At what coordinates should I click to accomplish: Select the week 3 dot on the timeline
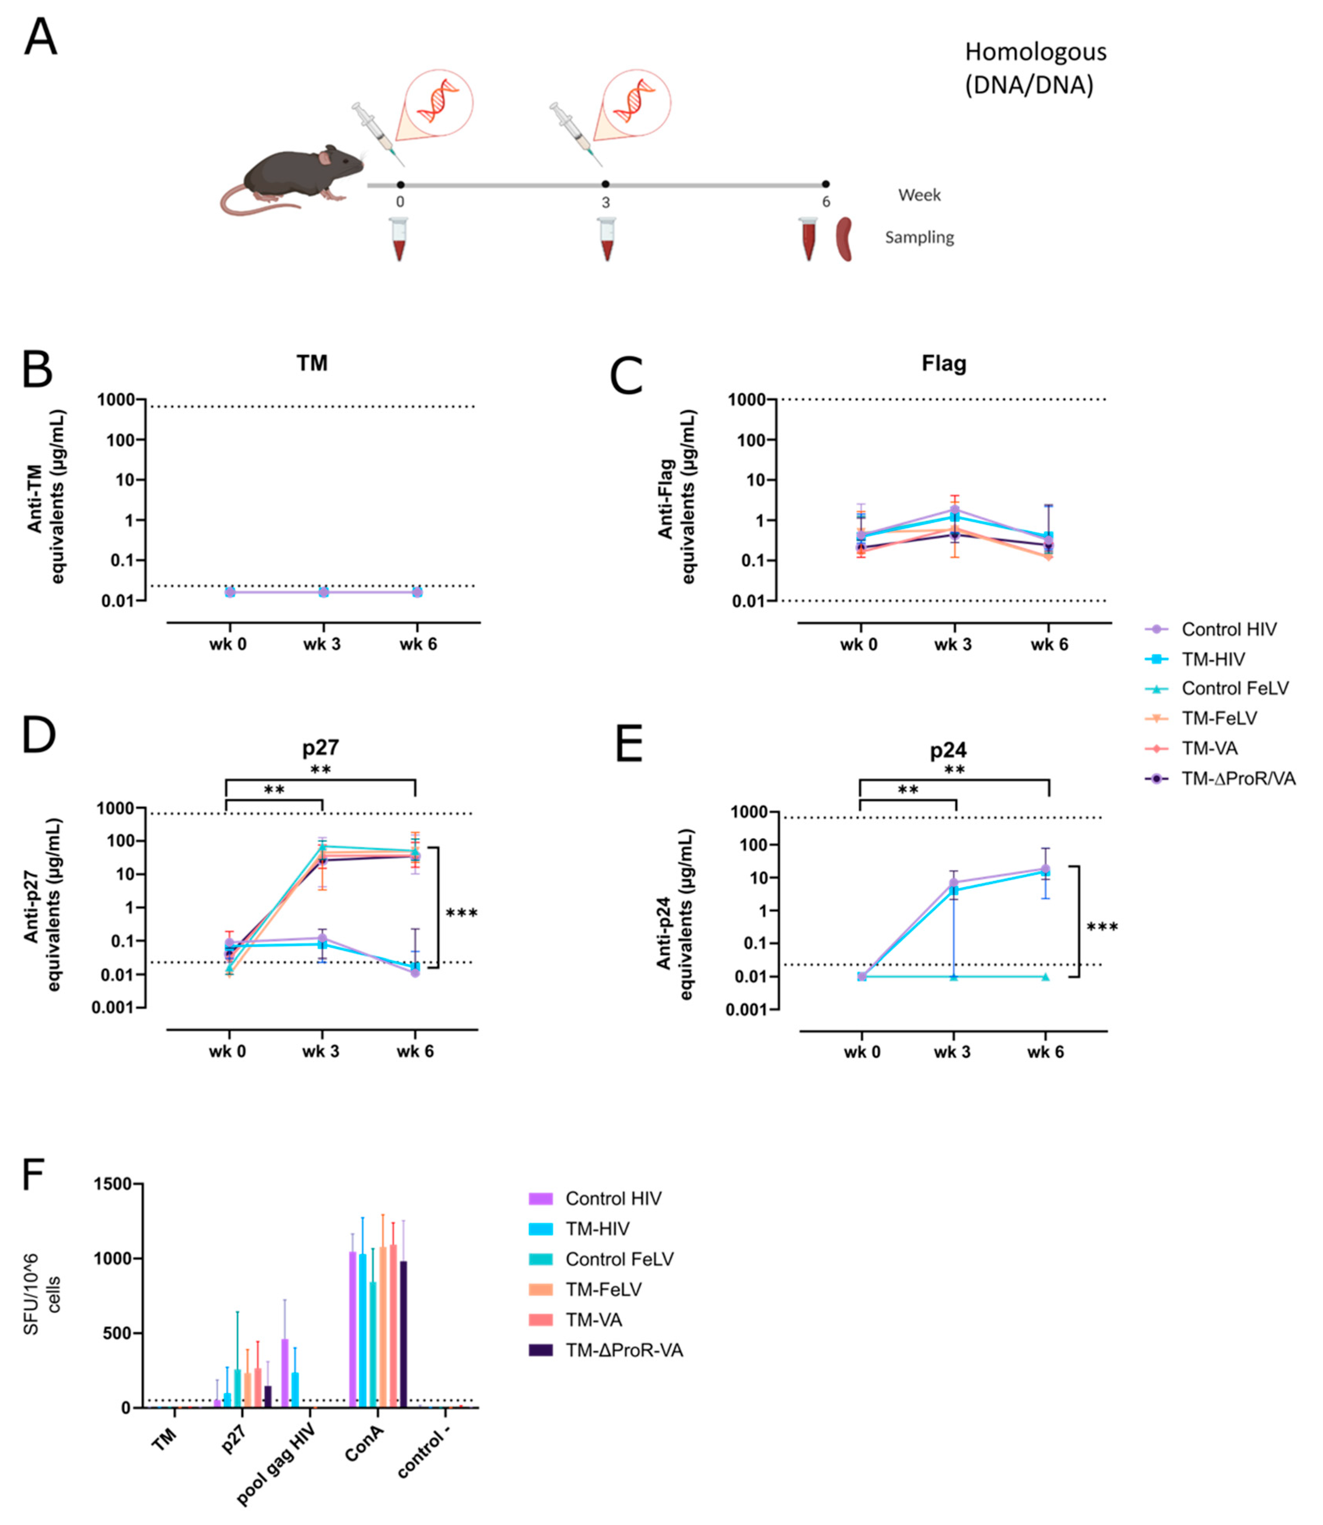point(605,184)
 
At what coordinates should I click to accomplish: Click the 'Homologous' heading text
point(1035,52)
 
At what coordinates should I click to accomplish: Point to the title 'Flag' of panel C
point(944,363)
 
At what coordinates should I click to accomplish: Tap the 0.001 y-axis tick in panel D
point(113,1007)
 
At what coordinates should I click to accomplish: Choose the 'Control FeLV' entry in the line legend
point(1234,688)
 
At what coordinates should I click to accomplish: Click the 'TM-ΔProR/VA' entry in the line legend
point(1238,778)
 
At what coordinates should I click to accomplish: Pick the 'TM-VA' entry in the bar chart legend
point(594,1320)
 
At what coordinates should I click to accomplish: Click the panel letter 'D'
point(38,735)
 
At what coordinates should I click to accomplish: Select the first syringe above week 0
point(376,133)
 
